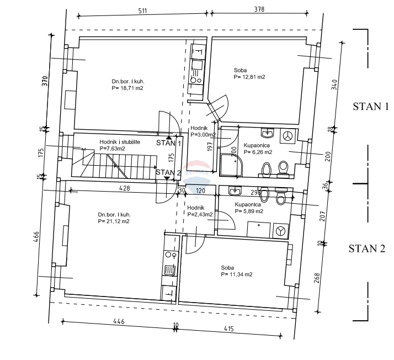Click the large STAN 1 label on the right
point(371,107)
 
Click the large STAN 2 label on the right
point(366,248)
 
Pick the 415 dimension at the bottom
point(230,329)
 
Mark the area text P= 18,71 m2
point(127,88)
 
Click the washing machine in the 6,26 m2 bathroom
point(287,135)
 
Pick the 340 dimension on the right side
point(334,86)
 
